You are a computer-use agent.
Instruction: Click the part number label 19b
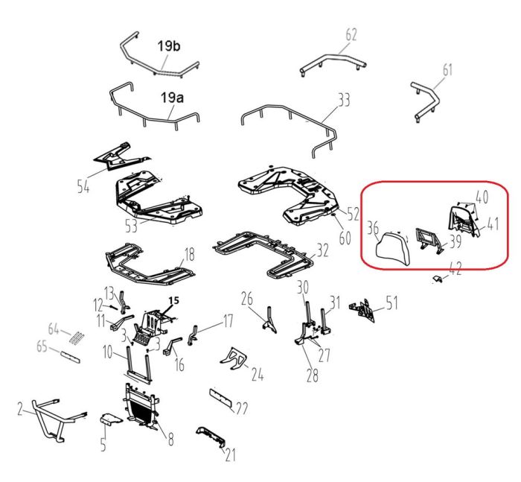(169, 46)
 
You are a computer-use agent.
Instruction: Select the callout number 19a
(172, 98)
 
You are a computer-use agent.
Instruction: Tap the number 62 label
(351, 35)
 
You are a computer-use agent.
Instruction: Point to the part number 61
(447, 70)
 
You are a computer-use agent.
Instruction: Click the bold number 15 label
(173, 301)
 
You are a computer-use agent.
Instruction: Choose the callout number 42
(456, 268)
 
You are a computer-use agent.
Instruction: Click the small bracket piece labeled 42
(437, 279)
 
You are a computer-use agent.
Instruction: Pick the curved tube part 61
(425, 101)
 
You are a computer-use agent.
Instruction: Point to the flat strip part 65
(70, 357)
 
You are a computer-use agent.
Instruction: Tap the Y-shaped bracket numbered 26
(269, 320)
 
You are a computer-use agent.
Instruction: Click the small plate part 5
(111, 419)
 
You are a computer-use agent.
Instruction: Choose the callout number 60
(345, 238)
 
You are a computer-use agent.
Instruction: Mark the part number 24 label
(258, 374)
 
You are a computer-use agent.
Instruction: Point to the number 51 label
(391, 302)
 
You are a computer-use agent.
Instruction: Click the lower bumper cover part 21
(211, 436)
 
